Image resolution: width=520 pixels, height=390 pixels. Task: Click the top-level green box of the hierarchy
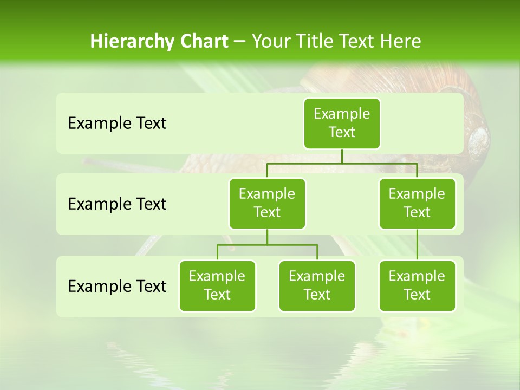342,123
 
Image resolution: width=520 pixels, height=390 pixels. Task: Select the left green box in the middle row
267,204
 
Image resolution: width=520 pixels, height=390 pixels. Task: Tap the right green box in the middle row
417,204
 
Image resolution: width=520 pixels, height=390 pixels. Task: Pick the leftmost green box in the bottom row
217,286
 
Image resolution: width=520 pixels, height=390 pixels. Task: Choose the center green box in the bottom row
317,286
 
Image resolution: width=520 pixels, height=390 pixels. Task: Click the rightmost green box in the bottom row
417,286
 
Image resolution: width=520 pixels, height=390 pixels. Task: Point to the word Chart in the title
204,41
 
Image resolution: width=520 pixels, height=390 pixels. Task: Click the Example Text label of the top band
117,123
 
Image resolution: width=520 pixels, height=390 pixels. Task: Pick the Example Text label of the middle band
117,204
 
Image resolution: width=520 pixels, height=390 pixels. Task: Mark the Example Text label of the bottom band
117,286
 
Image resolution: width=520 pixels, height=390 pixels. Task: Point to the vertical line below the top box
342,156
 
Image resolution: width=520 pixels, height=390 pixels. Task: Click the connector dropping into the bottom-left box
217,252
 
